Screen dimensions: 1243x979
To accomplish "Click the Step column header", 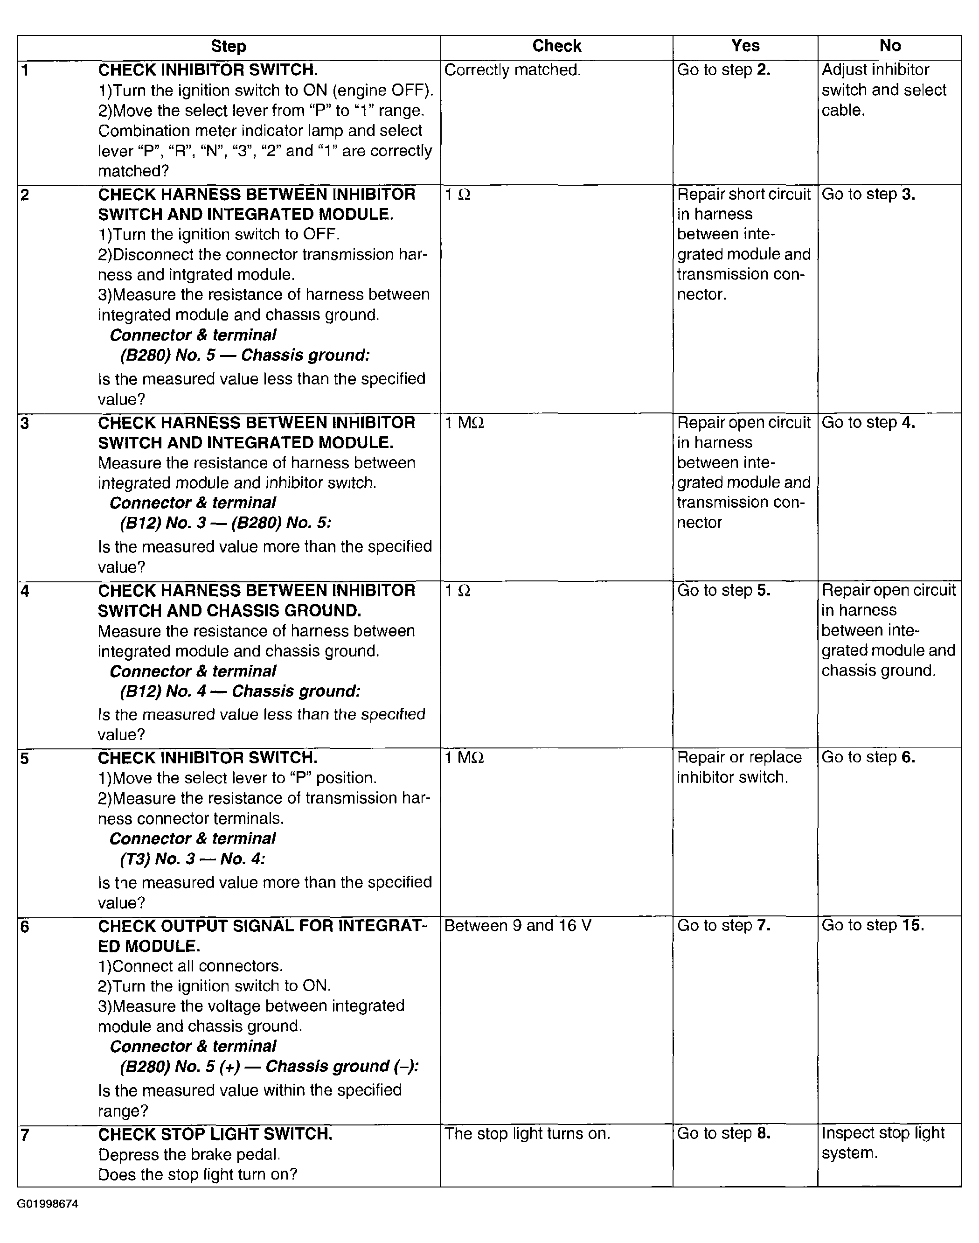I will (x=228, y=47).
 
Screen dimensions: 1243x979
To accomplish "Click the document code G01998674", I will (x=48, y=1204).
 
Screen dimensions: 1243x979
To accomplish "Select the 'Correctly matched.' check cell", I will (x=513, y=70).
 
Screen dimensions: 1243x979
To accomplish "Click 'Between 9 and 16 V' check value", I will (x=518, y=926).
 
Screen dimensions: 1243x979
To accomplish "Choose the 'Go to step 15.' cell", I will (x=872, y=925).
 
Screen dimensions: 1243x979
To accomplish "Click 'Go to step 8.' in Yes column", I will (x=723, y=1133).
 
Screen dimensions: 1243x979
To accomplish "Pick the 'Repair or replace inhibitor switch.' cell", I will (x=739, y=767).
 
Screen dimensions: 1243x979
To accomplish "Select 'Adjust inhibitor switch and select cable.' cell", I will (x=883, y=90).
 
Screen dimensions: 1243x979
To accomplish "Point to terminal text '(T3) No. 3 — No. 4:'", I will (x=193, y=858).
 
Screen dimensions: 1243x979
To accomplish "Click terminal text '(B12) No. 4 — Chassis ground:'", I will (x=240, y=691).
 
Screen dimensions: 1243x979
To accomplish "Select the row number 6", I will (x=25, y=927).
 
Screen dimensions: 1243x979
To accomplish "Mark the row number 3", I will (x=25, y=424).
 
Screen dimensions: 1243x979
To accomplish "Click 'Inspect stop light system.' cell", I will (x=883, y=1143).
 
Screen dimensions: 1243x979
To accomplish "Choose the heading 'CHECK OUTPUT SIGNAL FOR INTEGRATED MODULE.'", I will (x=262, y=936).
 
